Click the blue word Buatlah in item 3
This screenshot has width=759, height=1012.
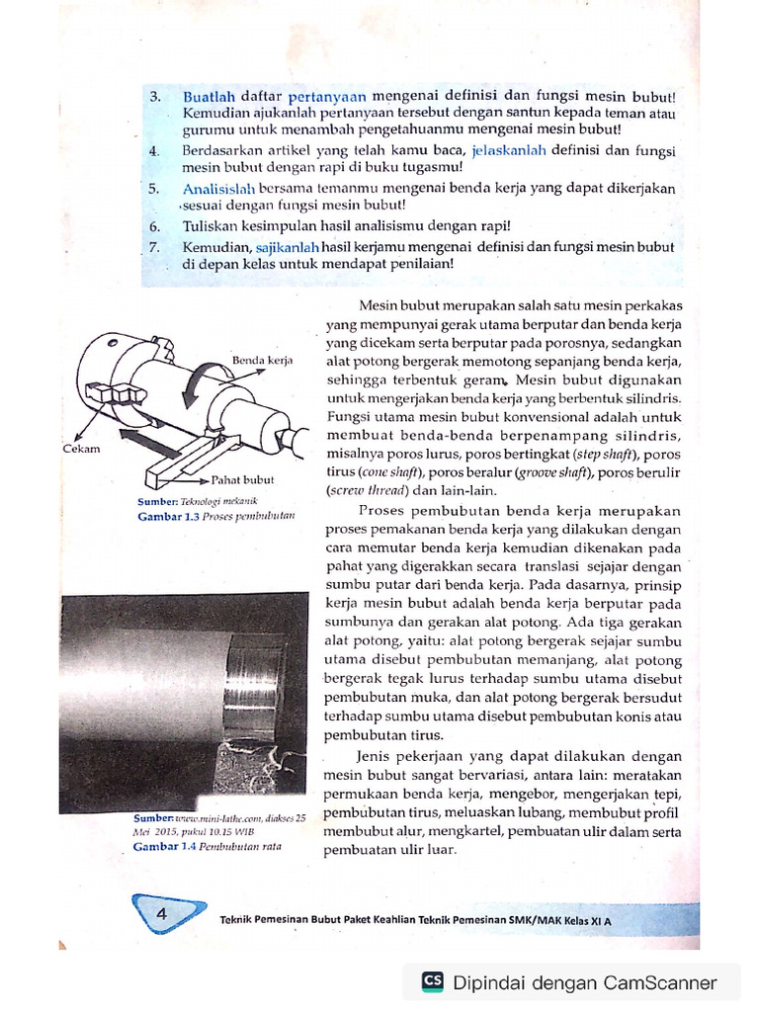click(209, 97)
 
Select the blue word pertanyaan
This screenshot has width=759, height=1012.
click(327, 97)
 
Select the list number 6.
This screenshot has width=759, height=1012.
click(154, 226)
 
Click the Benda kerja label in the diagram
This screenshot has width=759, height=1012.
click(263, 361)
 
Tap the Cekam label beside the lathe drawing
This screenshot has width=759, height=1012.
click(81, 448)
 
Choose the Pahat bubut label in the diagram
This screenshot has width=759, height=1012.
click(242, 480)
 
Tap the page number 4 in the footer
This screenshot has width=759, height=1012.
click(160, 915)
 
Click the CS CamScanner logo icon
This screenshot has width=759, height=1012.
click(432, 981)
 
